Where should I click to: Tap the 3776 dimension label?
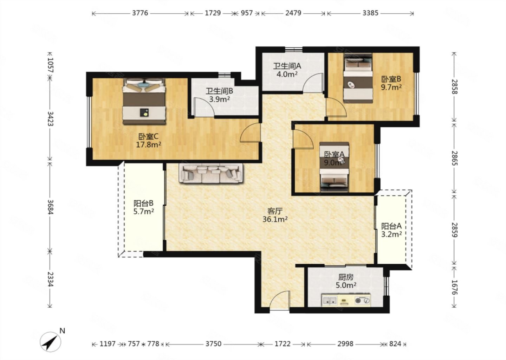click(x=140, y=13)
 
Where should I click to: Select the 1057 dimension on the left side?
click(x=50, y=65)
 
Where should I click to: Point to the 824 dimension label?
click(x=395, y=344)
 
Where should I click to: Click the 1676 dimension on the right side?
click(x=454, y=287)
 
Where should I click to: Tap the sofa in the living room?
click(x=211, y=173)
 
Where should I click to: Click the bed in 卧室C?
click(x=144, y=101)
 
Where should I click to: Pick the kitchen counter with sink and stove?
click(x=346, y=300)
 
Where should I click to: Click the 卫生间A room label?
click(x=287, y=66)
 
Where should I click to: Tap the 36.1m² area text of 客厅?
click(x=275, y=219)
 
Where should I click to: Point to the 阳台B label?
click(x=143, y=204)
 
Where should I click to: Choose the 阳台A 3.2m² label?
click(x=391, y=230)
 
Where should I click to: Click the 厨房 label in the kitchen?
click(x=346, y=277)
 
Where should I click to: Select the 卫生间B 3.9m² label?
click(x=219, y=95)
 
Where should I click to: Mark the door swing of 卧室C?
click(x=249, y=133)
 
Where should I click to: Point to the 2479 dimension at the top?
click(x=293, y=13)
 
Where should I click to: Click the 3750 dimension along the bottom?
click(x=214, y=344)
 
